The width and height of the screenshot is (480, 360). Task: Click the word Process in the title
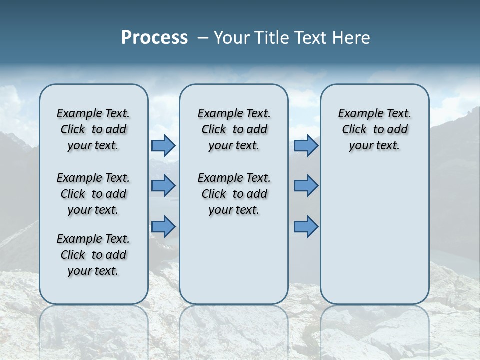(x=154, y=38)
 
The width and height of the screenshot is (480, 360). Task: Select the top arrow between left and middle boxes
(x=163, y=145)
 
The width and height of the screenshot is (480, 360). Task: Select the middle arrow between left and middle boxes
(x=163, y=186)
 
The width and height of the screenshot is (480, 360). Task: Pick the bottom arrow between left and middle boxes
(x=163, y=227)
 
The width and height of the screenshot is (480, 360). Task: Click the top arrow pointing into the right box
(x=306, y=145)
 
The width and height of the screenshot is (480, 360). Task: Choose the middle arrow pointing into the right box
(x=306, y=186)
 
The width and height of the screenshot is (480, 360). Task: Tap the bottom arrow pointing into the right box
(x=306, y=227)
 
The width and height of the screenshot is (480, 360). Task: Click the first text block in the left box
(x=93, y=129)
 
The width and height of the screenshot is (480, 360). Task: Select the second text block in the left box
(x=93, y=194)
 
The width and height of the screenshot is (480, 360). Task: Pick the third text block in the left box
(x=93, y=255)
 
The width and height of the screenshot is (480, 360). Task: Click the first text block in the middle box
(x=234, y=129)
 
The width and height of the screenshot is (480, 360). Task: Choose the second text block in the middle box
(x=234, y=194)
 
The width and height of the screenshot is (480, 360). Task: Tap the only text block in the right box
(x=374, y=129)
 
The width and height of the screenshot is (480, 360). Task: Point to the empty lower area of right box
(x=374, y=240)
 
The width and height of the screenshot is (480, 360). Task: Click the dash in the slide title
(x=203, y=38)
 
